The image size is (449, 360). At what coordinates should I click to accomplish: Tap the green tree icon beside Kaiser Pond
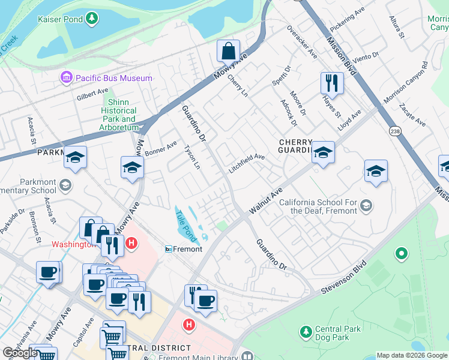pos(91,19)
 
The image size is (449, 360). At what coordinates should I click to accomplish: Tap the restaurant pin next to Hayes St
pos(331,83)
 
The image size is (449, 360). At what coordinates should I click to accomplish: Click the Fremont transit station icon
pos(169,249)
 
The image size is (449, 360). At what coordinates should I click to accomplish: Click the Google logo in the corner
pos(20,353)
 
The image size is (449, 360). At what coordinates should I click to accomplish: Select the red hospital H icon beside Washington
pos(131,244)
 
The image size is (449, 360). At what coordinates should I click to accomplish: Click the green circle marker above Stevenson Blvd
pos(401,254)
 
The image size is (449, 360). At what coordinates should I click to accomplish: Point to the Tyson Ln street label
pos(191,157)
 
